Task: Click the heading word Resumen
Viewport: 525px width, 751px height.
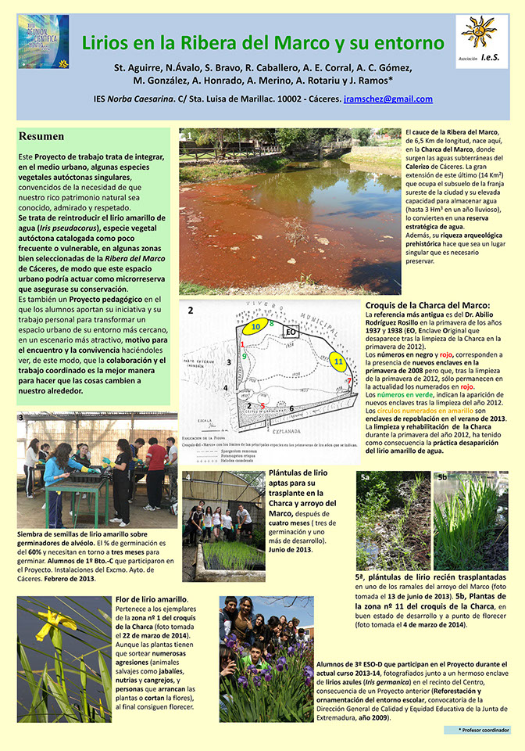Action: tap(41, 136)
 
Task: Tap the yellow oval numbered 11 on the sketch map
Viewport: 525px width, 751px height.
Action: tap(338, 362)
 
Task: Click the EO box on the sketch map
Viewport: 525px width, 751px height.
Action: tap(290, 332)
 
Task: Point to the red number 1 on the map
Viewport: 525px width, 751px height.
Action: tap(243, 344)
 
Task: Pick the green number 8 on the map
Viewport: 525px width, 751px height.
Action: tap(271, 323)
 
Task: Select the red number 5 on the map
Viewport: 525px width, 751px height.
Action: tap(263, 405)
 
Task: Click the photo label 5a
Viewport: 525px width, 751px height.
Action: tap(366, 476)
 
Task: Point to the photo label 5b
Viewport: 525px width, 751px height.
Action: tap(441, 476)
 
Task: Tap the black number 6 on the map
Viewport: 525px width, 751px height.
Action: tap(291, 408)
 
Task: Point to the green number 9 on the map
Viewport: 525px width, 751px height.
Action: tap(245, 357)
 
